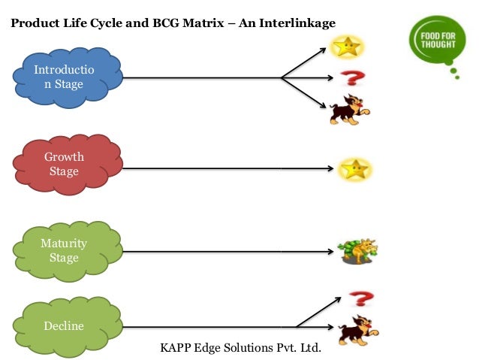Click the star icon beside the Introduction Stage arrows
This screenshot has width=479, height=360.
[x=348, y=47]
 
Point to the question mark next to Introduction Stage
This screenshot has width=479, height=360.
[x=350, y=77]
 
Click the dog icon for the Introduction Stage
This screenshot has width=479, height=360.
[x=350, y=110]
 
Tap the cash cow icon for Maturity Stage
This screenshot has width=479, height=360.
[x=357, y=251]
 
